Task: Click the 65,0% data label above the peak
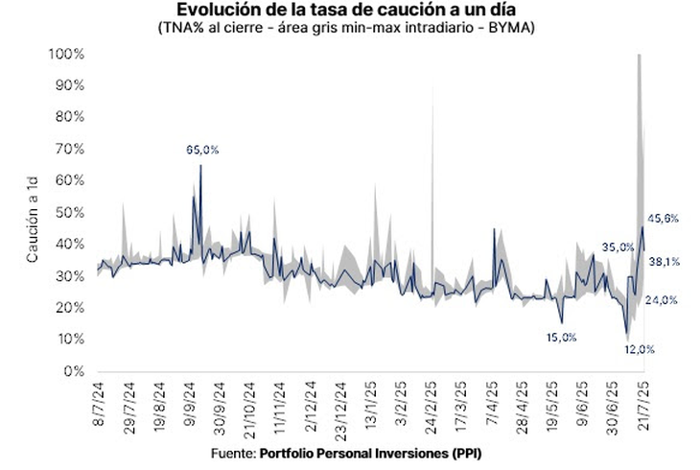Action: point(202,150)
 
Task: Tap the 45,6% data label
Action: point(664,219)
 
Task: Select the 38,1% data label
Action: point(664,260)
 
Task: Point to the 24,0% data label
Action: point(662,300)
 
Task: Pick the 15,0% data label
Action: point(561,337)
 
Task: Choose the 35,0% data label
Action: point(618,247)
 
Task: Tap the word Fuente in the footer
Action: point(232,452)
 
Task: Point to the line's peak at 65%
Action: point(200,165)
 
